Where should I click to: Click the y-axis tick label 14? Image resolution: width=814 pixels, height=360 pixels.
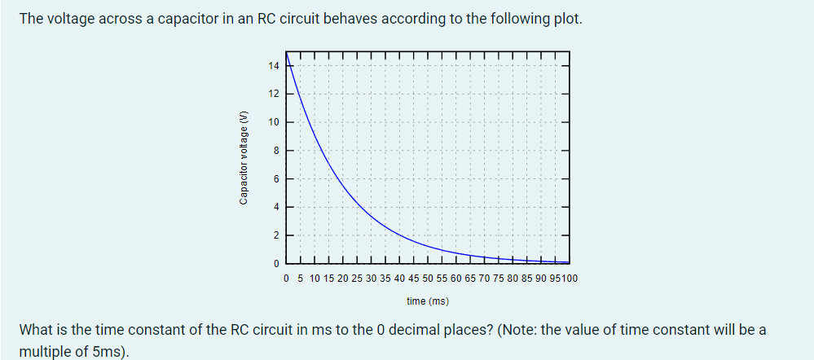(x=273, y=65)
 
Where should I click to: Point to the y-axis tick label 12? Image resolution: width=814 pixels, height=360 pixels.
(x=273, y=94)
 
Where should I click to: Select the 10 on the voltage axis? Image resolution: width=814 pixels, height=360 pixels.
(x=273, y=122)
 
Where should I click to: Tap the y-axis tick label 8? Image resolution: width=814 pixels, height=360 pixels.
(x=275, y=150)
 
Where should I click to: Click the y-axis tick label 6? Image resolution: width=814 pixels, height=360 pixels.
(x=275, y=178)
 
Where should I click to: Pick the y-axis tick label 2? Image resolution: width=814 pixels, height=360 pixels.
(x=275, y=235)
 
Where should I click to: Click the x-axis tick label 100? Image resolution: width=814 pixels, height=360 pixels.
(x=570, y=279)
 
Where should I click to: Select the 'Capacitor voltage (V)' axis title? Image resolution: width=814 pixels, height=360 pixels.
(x=243, y=156)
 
